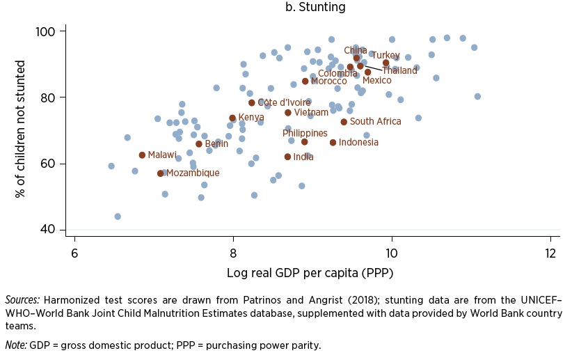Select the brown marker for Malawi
click(x=142, y=155)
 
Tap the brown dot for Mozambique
click(x=161, y=173)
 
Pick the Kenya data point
click(x=232, y=118)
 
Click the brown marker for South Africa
click(x=344, y=122)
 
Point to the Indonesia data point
click(x=333, y=143)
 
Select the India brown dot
click(x=287, y=157)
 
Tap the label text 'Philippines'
click(x=305, y=133)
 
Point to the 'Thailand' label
click(x=399, y=70)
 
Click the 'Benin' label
click(x=216, y=144)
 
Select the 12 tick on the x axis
click(x=550, y=252)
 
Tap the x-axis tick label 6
click(x=74, y=252)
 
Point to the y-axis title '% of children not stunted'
click(x=20, y=131)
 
